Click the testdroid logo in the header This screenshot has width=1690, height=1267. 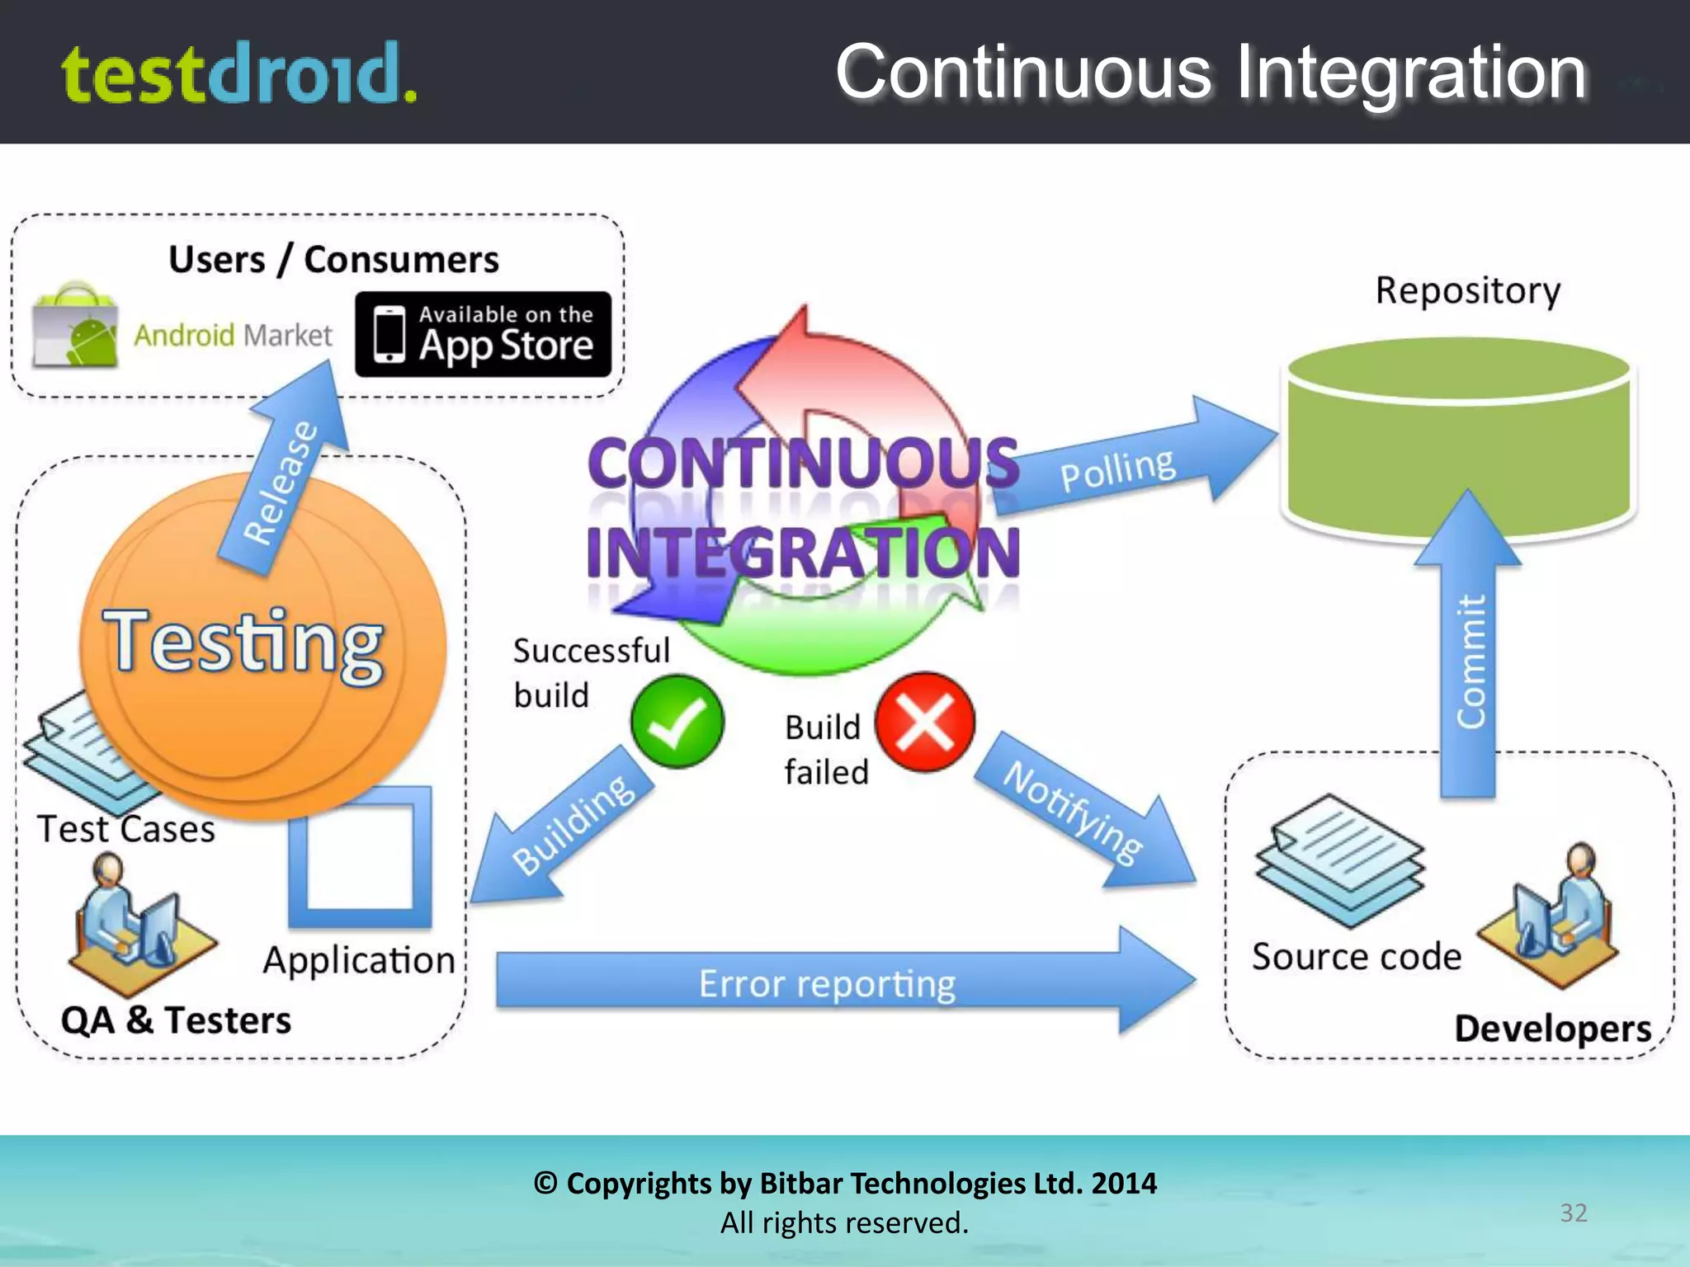point(239,74)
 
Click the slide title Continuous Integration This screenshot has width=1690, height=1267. point(1211,73)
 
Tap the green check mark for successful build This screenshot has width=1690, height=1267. point(677,722)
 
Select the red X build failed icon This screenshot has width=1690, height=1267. point(925,722)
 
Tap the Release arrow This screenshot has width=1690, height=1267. point(285,478)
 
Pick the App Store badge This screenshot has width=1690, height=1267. point(484,334)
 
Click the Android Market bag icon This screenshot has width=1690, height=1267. point(75,327)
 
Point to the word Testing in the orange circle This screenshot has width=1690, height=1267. point(244,643)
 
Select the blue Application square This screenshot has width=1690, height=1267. point(361,858)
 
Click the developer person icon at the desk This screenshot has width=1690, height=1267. point(1551,916)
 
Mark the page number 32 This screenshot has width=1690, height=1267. point(1573,1213)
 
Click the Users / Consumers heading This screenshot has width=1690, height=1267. point(333,260)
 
